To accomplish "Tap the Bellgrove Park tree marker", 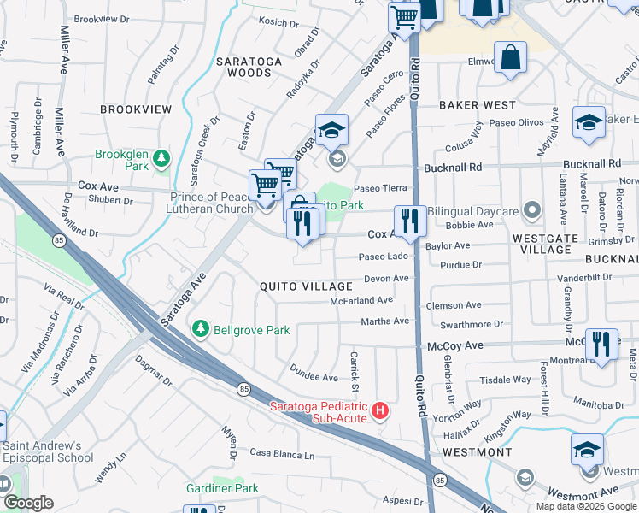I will click(201, 329).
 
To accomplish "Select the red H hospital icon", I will click(380, 412).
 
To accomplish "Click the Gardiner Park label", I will click(222, 488).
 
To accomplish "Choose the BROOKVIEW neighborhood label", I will click(136, 109).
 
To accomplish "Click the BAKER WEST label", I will click(478, 104).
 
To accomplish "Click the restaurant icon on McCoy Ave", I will click(602, 344).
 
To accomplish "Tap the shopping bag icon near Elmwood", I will click(511, 58).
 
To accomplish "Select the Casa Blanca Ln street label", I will click(282, 453).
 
